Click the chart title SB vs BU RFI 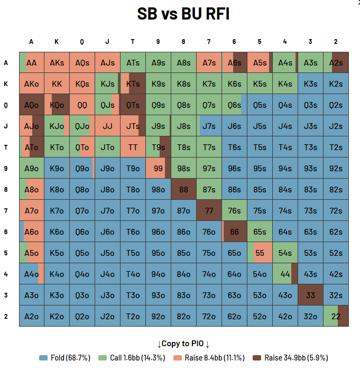click(183, 14)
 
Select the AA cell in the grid click(31, 62)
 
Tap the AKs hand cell click(57, 62)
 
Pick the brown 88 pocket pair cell click(183, 189)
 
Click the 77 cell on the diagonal click(209, 210)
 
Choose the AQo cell click(31, 105)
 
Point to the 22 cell click(336, 316)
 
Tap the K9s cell click(158, 84)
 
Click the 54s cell click(285, 253)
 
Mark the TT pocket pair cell click(133, 147)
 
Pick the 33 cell click(310, 295)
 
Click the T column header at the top click(133, 42)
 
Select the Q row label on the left click(6, 105)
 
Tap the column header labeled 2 click(336, 42)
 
